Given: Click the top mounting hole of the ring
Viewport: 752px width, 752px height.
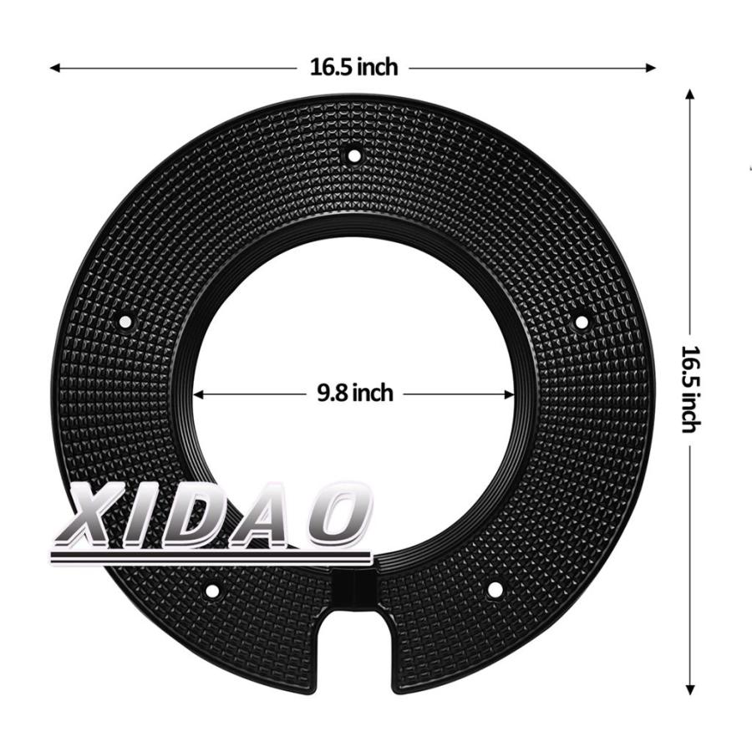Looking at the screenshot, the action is click(354, 156).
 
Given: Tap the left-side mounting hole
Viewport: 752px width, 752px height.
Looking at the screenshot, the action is click(125, 322).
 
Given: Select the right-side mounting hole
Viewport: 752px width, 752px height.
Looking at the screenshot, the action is click(582, 322).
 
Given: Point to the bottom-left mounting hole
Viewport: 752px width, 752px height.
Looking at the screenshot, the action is click(211, 591).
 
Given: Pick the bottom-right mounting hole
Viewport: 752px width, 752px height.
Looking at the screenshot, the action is click(495, 590).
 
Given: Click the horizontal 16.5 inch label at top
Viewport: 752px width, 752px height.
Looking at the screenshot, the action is click(354, 67).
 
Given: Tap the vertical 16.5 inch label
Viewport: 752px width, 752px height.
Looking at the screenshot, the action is click(691, 389).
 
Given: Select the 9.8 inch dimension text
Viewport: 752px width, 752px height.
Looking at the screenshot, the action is click(355, 394).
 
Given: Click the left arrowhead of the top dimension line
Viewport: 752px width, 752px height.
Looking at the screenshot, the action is click(55, 69).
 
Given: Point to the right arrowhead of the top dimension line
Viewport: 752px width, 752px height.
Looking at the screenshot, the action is click(650, 69).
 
